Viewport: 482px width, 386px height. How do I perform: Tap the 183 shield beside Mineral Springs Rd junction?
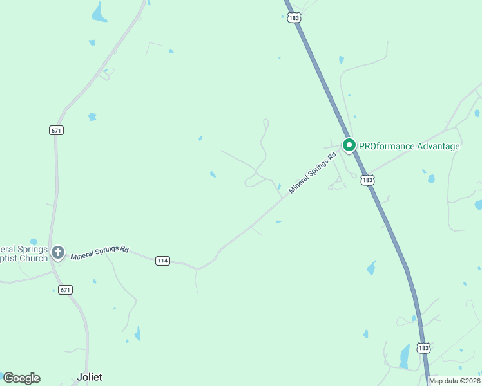(x=367, y=180)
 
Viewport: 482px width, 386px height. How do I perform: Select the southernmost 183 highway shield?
(x=423, y=348)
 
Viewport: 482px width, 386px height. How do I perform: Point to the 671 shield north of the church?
(x=57, y=130)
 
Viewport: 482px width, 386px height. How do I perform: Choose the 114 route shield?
(x=162, y=261)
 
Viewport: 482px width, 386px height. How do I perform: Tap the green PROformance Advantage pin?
(x=349, y=145)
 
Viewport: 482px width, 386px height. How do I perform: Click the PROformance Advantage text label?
(x=409, y=146)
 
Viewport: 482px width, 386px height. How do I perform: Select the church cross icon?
(x=58, y=253)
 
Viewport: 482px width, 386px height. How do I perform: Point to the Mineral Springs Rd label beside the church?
(x=100, y=252)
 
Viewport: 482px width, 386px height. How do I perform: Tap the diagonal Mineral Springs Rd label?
(x=313, y=173)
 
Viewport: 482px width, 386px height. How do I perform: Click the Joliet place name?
(x=90, y=377)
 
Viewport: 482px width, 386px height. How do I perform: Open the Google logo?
(x=21, y=378)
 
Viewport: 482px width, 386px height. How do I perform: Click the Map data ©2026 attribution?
(x=454, y=381)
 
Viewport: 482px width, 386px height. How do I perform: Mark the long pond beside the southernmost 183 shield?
(x=405, y=356)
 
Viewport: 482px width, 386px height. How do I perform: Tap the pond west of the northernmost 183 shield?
(x=99, y=12)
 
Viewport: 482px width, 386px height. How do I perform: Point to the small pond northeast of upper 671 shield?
(x=92, y=117)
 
